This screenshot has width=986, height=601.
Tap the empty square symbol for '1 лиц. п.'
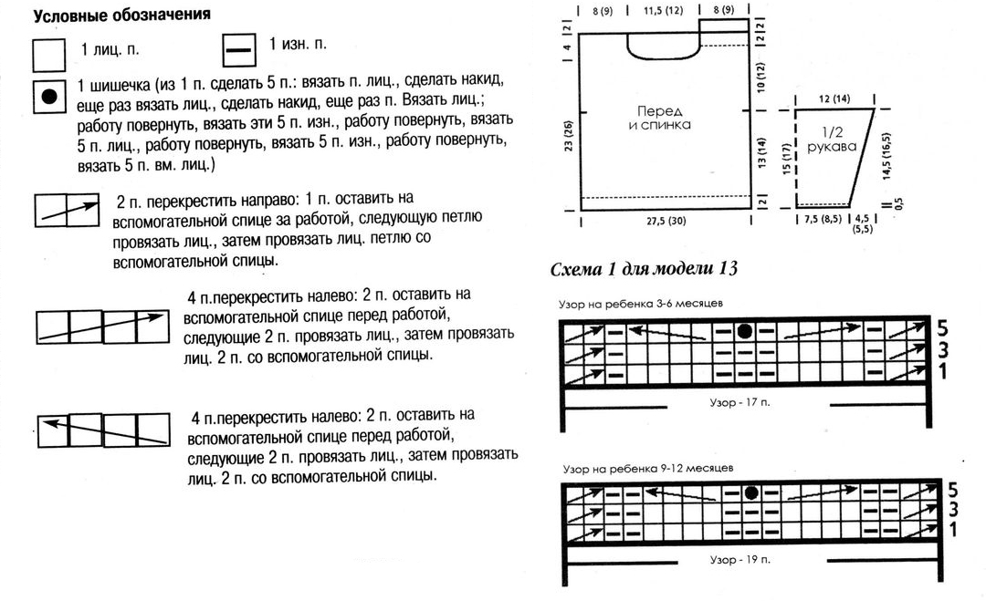tap(49, 54)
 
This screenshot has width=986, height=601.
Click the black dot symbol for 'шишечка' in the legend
tap(49, 96)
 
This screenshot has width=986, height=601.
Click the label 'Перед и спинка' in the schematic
tap(659, 117)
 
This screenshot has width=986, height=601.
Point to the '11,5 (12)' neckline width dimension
tap(663, 11)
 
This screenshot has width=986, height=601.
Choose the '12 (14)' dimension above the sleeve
tap(832, 98)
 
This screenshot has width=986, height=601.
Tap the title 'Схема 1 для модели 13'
tap(644, 270)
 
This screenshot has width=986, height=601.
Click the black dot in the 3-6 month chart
tap(744, 330)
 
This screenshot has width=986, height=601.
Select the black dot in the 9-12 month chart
tap(751, 492)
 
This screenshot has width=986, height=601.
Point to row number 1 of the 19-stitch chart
tap(952, 529)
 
